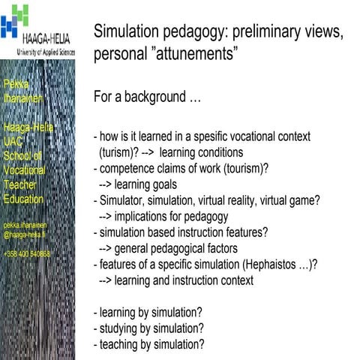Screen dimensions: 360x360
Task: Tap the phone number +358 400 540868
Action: [27, 253]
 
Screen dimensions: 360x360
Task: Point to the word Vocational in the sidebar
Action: [24, 170]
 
